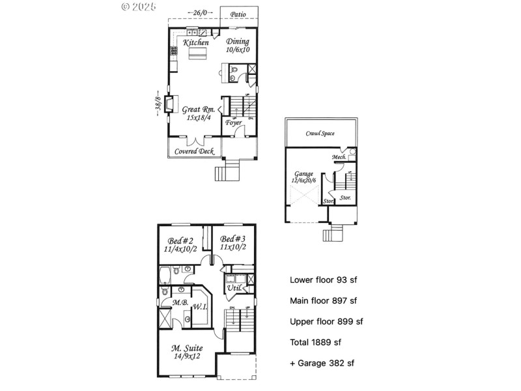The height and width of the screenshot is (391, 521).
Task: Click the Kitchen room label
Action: coord(196,43)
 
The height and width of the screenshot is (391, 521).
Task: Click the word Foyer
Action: coord(234,123)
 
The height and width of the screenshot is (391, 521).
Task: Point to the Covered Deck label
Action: coord(194,151)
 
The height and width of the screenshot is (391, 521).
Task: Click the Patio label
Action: coord(238,13)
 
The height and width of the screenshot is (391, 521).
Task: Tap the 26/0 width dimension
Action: coord(199,13)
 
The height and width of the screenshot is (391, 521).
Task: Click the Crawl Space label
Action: coord(320,134)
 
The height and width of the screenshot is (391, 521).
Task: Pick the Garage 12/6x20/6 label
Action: coord(303,177)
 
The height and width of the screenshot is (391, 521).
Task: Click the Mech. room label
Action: coord(339,157)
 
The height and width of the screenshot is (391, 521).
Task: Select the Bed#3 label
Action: coord(232,243)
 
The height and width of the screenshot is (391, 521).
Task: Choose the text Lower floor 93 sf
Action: coord(323,280)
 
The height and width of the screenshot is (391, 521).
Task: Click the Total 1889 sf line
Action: coord(315,341)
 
